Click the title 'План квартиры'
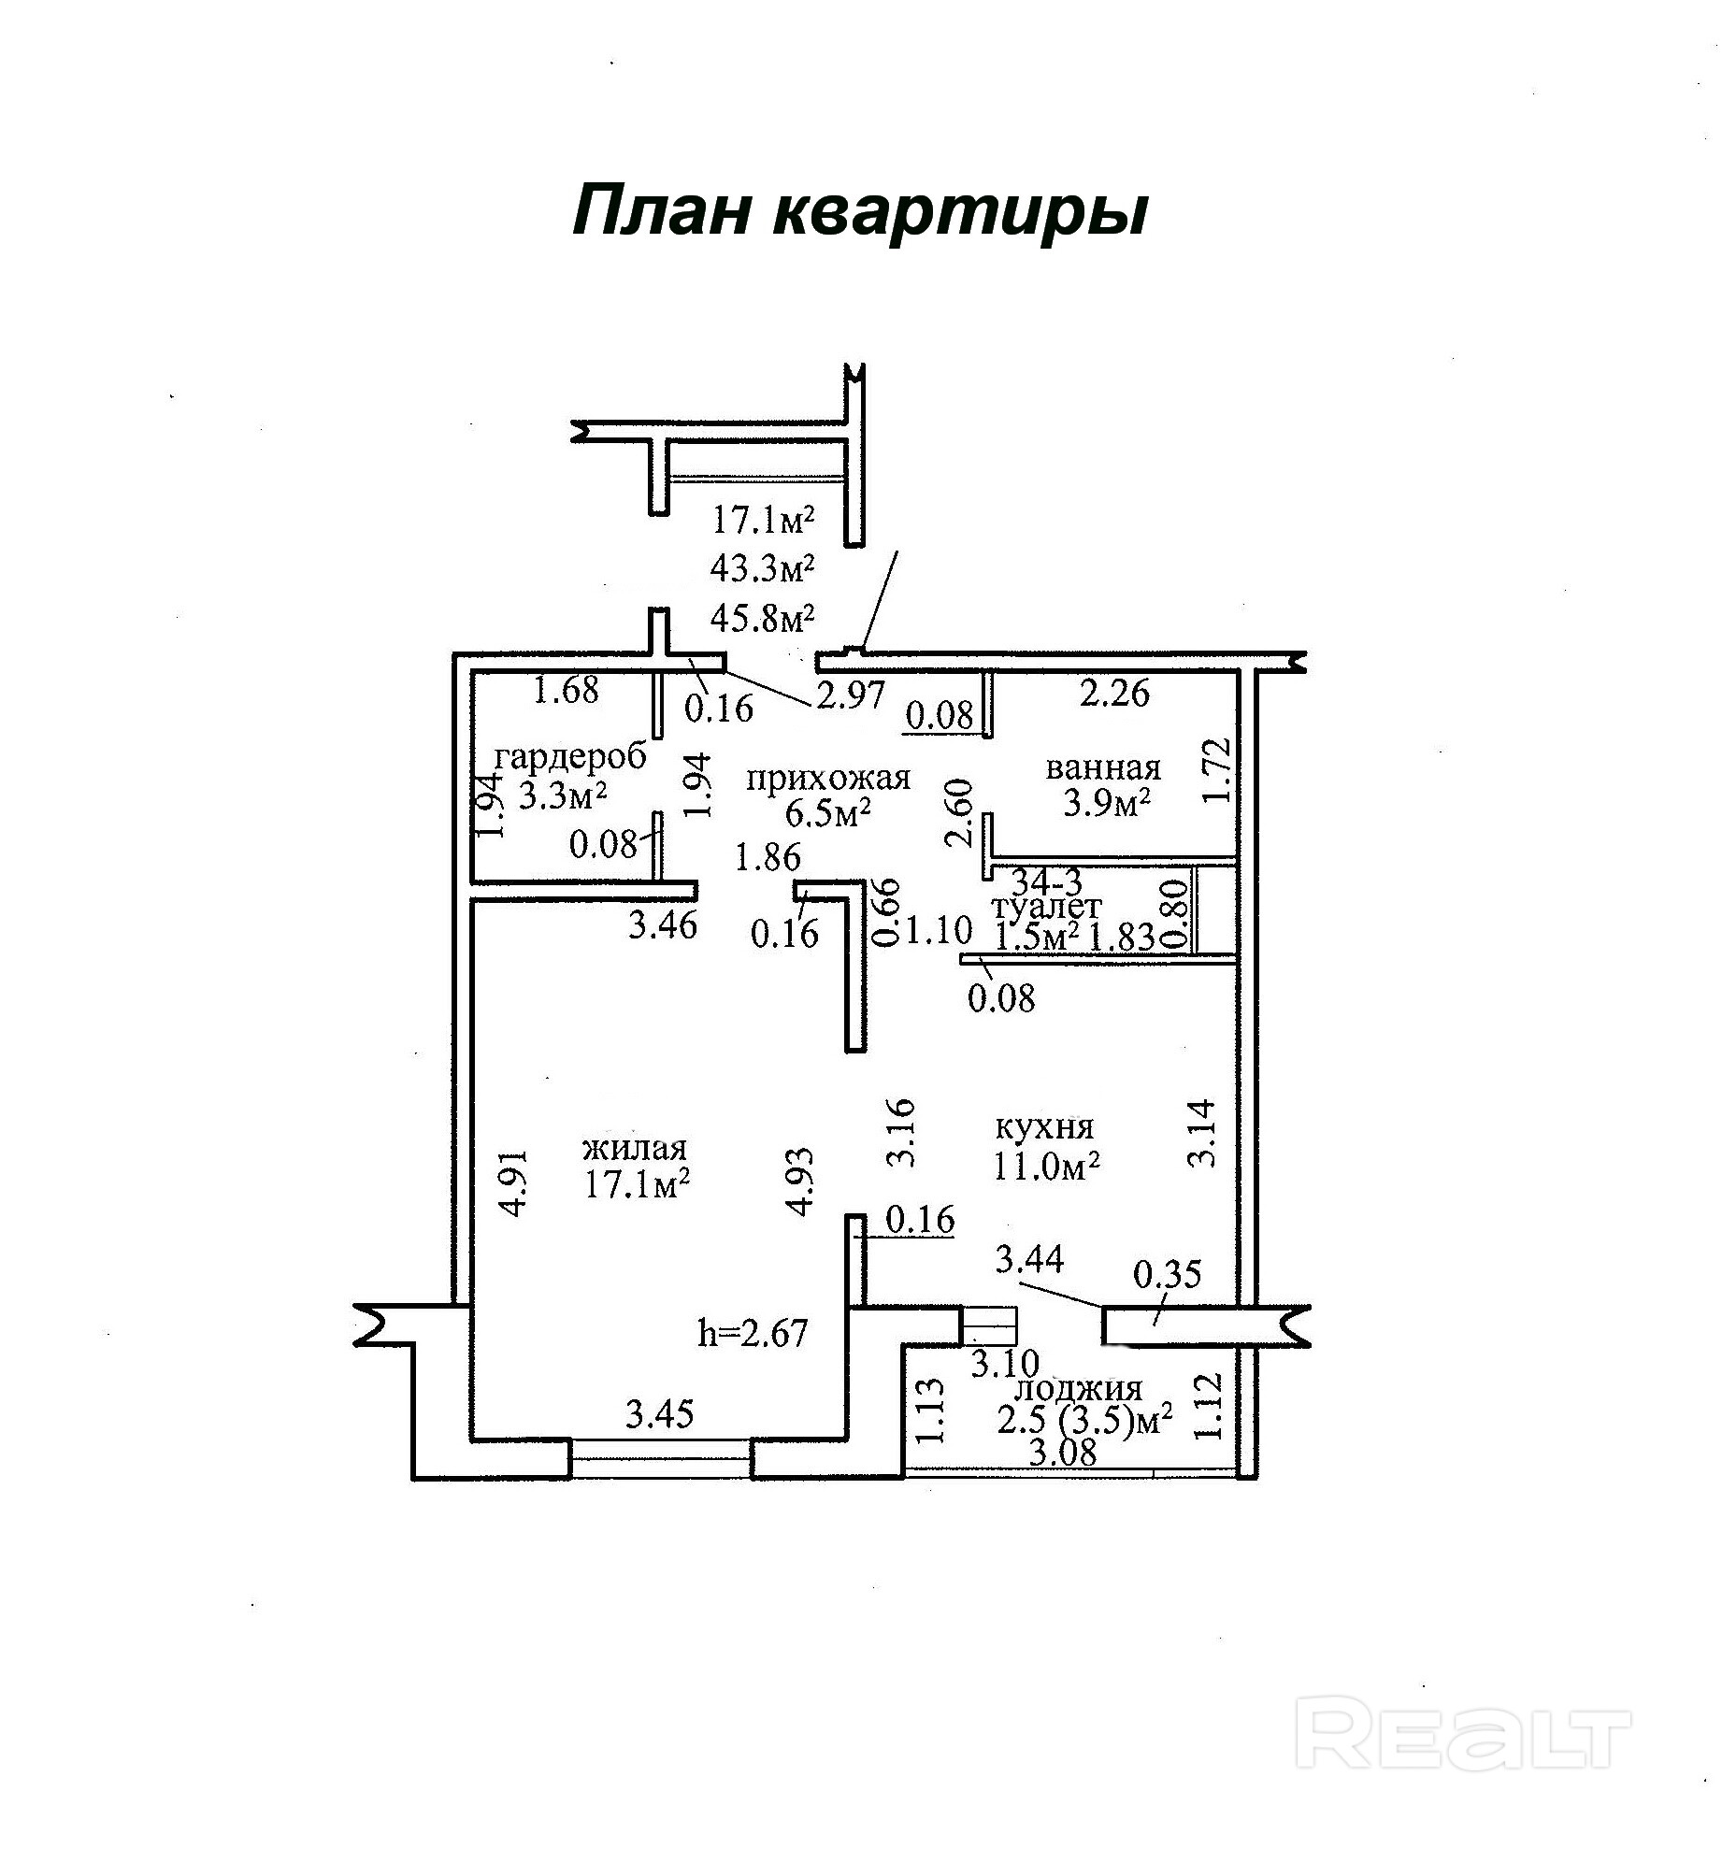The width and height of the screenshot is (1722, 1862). pyautogui.click(x=859, y=210)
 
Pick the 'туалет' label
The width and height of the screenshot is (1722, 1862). pyautogui.click(x=1047, y=906)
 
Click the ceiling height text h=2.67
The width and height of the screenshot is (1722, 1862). pyautogui.click(x=753, y=1332)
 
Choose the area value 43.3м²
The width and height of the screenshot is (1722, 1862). pyautogui.click(x=763, y=567)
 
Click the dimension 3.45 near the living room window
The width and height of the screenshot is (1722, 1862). pyautogui.click(x=660, y=1414)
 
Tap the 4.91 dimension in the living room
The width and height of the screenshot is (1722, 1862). pyautogui.click(x=514, y=1182)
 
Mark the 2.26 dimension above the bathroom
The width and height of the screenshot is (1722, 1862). pyautogui.click(x=1114, y=694)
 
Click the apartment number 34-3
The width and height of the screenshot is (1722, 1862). pyautogui.click(x=1047, y=881)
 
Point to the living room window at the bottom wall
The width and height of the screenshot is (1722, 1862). pyautogui.click(x=660, y=1458)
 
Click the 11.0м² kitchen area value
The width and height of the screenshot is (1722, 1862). pyautogui.click(x=1046, y=1166)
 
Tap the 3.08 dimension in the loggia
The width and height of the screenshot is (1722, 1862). pyautogui.click(x=1062, y=1453)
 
